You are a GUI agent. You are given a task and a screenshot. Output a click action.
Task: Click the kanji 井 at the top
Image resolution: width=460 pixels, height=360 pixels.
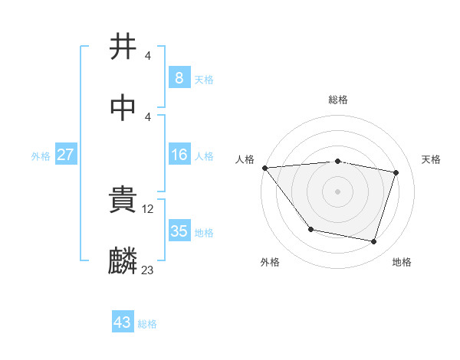tap(123, 47)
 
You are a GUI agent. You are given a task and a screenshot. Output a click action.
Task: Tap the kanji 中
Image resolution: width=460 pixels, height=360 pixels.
tap(123, 108)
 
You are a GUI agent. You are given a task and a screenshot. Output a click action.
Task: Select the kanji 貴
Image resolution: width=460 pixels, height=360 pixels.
tap(123, 201)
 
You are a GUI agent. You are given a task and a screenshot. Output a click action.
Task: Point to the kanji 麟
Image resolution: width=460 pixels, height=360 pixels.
tap(123, 261)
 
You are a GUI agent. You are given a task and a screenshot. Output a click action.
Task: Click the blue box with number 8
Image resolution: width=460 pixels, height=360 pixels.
tap(179, 78)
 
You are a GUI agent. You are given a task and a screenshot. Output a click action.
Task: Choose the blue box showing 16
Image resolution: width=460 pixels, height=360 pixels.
tap(179, 155)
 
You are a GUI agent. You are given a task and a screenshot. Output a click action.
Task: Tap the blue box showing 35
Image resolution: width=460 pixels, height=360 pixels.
tap(179, 231)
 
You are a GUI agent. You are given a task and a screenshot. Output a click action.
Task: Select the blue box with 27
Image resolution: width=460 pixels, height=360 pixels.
tap(65, 155)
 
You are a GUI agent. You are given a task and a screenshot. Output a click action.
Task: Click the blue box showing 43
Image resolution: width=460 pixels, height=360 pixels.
tap(122, 322)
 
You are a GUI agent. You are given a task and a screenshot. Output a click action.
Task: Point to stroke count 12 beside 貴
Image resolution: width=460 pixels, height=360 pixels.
tap(149, 208)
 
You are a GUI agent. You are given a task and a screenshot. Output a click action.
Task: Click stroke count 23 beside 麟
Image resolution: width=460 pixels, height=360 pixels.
tap(147, 270)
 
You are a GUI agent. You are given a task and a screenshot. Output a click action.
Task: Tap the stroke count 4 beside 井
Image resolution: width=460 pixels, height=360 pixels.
tap(147, 56)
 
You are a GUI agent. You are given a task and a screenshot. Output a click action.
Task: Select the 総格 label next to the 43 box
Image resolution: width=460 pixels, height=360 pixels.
tap(147, 324)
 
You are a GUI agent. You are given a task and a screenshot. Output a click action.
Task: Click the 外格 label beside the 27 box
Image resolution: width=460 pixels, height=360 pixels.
tap(41, 156)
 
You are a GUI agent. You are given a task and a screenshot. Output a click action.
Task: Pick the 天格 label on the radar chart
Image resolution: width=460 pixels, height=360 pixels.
tap(431, 159)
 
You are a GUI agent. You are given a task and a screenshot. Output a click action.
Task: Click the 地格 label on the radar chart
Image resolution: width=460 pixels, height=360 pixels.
tap(402, 262)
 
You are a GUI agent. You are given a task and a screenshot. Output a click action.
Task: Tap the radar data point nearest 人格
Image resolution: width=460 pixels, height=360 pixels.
tap(264, 168)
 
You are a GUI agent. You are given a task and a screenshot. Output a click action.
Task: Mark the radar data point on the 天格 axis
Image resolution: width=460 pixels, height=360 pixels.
tap(396, 172)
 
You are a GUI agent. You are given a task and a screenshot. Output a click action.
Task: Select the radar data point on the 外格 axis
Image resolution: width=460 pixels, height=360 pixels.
tap(310, 229)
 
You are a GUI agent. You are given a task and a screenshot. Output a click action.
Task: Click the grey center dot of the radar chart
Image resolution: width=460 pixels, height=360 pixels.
tap(337, 191)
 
